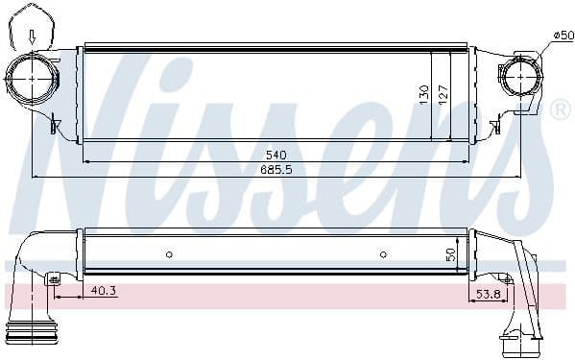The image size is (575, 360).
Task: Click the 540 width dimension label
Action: [x=276, y=156]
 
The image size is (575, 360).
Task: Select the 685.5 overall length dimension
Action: [x=276, y=169]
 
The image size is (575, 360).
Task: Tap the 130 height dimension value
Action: [x=424, y=95]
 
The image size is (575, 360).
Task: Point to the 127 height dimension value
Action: [x=443, y=95]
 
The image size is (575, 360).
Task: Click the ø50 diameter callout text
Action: [x=563, y=36]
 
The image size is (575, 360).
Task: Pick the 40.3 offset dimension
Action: [x=104, y=290]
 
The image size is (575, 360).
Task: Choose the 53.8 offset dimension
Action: [x=489, y=294]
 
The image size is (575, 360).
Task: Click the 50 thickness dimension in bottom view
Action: [x=450, y=254]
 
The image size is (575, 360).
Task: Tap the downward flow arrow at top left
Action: [x=33, y=37]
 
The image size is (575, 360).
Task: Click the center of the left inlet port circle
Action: [x=33, y=79]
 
